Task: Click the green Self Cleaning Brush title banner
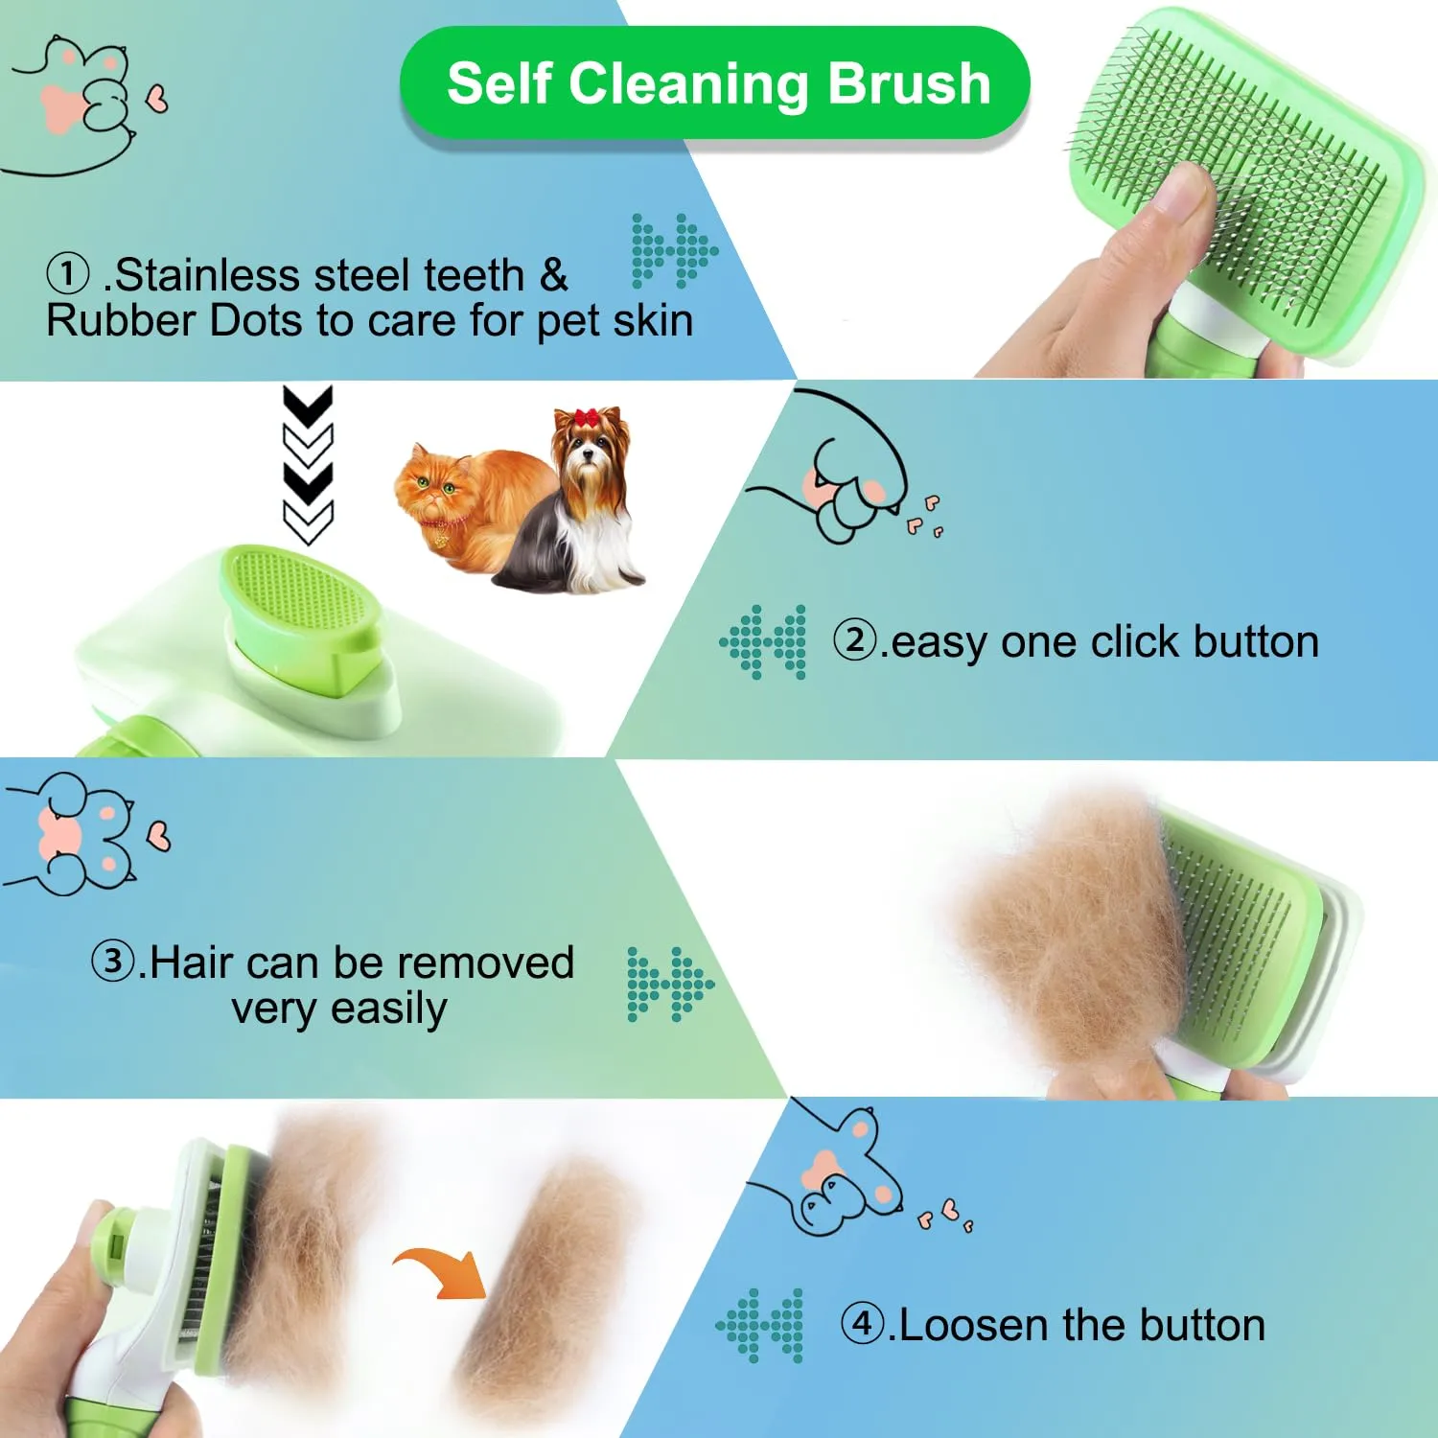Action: [714, 83]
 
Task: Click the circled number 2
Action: [855, 639]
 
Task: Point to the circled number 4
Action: [863, 1324]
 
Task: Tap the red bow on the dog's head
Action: [586, 418]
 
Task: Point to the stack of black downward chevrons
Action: [308, 465]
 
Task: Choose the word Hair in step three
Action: [191, 962]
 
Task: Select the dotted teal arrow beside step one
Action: [675, 251]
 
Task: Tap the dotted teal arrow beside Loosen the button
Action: [759, 1326]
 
